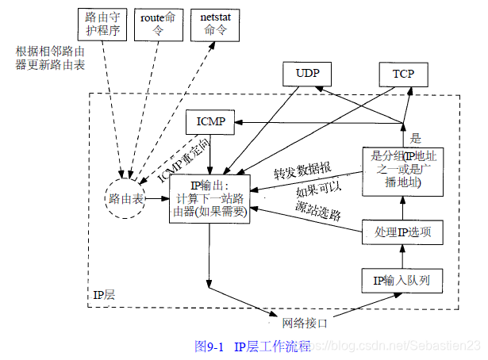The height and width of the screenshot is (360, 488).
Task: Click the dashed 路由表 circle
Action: click(125, 200)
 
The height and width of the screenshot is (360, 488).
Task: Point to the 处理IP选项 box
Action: click(402, 232)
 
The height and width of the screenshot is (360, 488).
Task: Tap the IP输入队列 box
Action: click(402, 280)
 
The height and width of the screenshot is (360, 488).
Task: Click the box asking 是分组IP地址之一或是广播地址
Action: click(402, 170)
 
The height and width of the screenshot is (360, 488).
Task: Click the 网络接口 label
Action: click(305, 323)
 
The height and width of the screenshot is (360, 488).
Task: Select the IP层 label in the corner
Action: click(104, 295)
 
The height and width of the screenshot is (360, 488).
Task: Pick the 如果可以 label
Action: click(319, 192)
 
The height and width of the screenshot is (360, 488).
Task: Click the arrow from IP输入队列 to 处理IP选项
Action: click(402, 256)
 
